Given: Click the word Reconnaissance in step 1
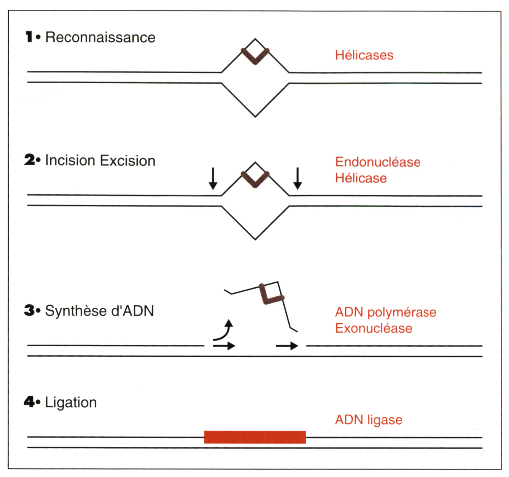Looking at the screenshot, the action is tap(100, 37).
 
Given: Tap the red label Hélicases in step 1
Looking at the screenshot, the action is tap(364, 55).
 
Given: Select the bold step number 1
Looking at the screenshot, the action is tap(29, 37).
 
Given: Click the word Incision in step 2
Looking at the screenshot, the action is tap(70, 161).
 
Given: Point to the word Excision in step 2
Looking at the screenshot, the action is tap(128, 161).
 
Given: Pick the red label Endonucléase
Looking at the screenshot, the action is tap(378, 162).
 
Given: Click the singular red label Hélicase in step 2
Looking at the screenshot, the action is tap(361, 178).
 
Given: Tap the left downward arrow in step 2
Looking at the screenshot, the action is tap(213, 179).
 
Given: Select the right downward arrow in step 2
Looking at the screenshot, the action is tap(297, 179).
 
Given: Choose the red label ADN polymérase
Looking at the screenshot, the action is tap(386, 312).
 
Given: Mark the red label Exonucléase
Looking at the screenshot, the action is tap(374, 328).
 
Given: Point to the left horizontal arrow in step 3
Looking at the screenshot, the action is tap(224, 346).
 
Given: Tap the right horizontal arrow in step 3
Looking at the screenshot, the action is tap(287, 346).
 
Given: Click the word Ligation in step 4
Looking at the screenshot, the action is tap(71, 403).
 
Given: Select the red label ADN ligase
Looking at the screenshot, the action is tap(369, 420).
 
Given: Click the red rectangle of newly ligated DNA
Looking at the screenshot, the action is tap(255, 437).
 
